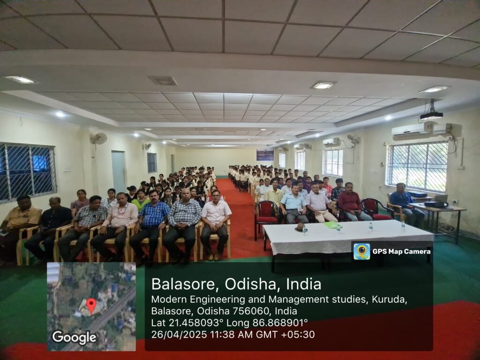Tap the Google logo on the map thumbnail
tap(75, 337)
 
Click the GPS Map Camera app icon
tap(362, 251)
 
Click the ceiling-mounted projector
tap(431, 113)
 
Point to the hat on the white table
tap(300, 226)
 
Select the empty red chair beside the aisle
tap(266, 215)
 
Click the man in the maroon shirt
tap(352, 202)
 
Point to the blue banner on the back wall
tap(265, 155)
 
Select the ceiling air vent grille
tap(163, 81)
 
